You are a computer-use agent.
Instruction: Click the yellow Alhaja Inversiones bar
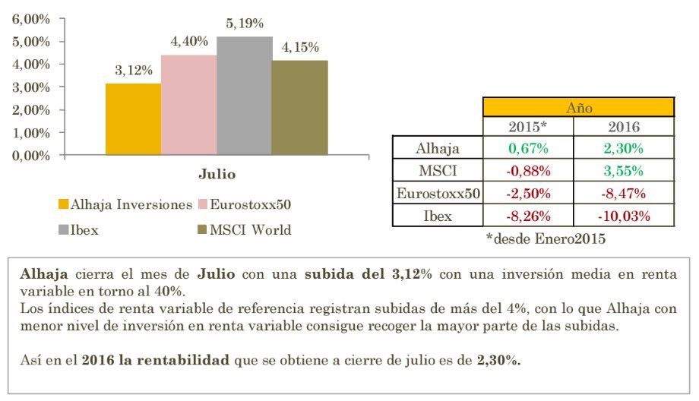(133, 119)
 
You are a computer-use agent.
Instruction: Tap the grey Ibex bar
(244, 96)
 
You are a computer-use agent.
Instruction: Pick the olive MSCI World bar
(299, 108)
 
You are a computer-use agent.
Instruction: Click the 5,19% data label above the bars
(244, 24)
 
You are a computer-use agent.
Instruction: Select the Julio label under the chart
(217, 174)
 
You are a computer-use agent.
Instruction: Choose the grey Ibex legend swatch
(63, 229)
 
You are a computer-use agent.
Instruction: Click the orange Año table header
(579, 107)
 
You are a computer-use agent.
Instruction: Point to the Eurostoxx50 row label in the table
(437, 194)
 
